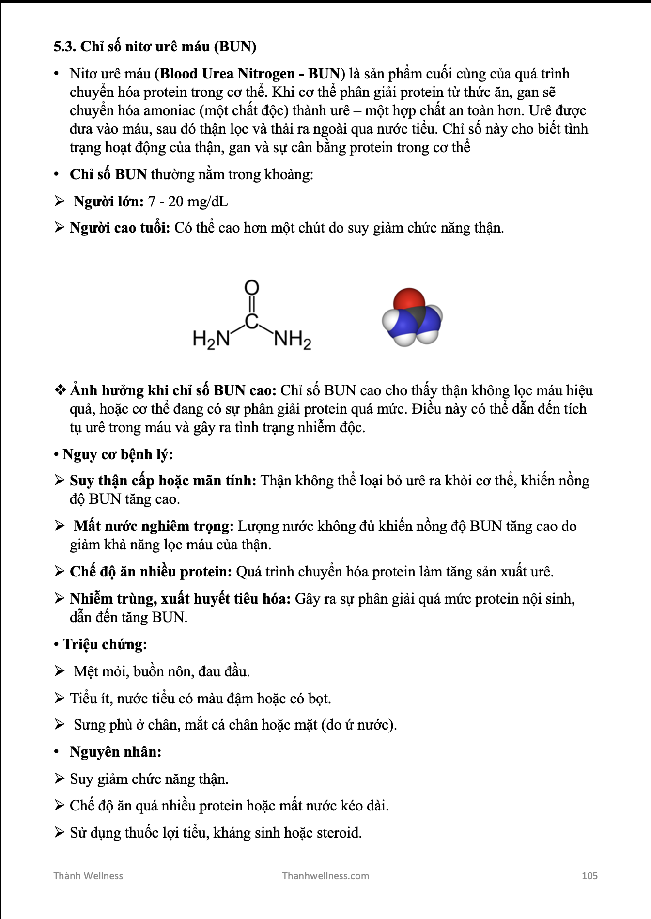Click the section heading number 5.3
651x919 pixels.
click(65, 47)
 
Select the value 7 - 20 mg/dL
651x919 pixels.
click(188, 201)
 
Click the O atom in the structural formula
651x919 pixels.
click(251, 288)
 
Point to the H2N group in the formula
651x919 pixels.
click(211, 339)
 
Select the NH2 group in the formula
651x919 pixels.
click(292, 339)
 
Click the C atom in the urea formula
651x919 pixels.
click(251, 321)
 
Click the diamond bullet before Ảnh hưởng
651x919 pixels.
click(60, 390)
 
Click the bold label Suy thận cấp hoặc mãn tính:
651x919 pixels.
click(163, 481)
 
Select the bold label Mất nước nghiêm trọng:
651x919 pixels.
click(154, 526)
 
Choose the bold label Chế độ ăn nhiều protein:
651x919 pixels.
click(151, 572)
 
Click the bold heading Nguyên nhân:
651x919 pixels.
click(115, 752)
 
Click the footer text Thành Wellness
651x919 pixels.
click(88, 876)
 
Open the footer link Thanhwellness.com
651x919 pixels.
click(325, 876)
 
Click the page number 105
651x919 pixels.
click(589, 876)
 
